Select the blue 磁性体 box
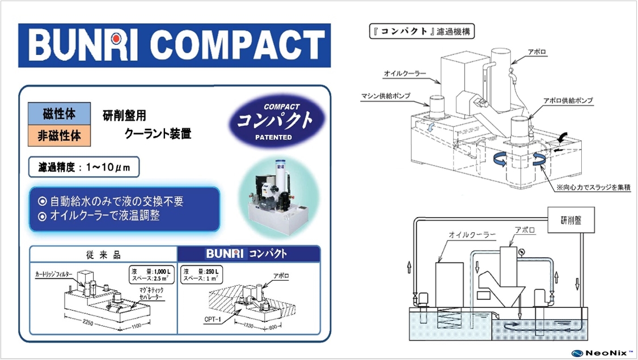click(x=59, y=113)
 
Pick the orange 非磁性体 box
click(x=59, y=136)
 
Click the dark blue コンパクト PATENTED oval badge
click(x=274, y=121)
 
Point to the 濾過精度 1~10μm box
click(x=84, y=167)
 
